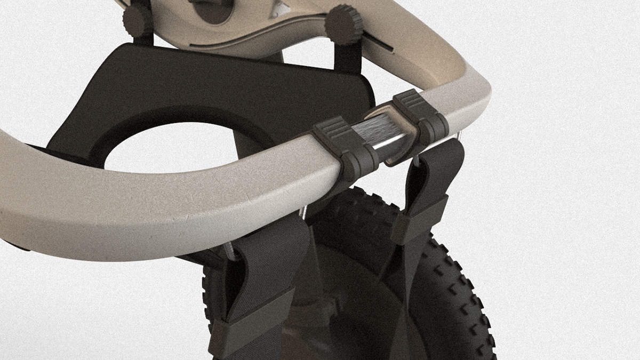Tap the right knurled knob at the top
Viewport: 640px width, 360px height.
click(x=344, y=24)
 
